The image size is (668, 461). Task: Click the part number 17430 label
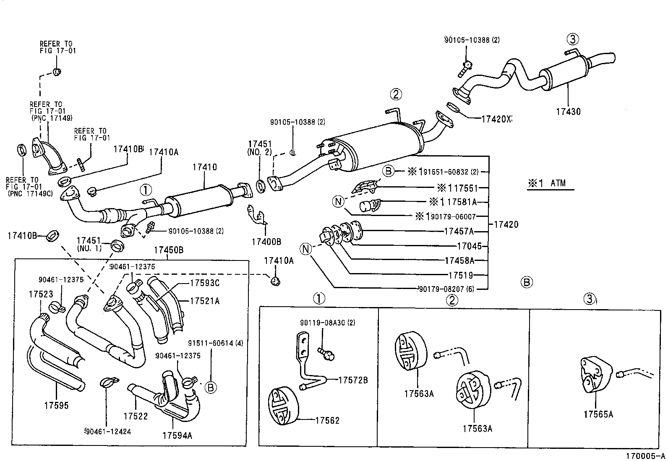click(568, 112)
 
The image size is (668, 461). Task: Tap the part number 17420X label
click(496, 119)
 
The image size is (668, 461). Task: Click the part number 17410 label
click(205, 167)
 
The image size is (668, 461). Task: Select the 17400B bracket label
click(266, 242)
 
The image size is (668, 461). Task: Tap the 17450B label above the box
click(168, 250)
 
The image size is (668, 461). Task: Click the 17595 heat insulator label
click(56, 406)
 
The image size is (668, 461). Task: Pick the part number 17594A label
click(177, 435)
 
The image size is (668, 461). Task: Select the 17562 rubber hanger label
click(327, 420)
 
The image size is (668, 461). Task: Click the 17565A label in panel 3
click(598, 414)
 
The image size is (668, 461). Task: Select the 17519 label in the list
click(460, 276)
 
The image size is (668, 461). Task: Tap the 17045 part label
click(469, 246)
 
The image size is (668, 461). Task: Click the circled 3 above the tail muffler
click(573, 39)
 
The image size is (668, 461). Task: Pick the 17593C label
click(204, 283)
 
